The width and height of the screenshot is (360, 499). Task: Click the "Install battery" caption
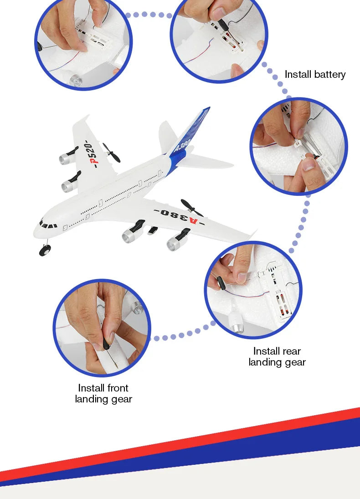click(315, 74)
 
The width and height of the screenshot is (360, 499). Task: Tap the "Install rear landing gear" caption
click(277, 356)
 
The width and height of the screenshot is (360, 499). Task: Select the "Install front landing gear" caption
click(103, 393)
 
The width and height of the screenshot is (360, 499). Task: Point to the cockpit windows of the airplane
click(47, 224)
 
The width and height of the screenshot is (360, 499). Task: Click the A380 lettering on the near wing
click(178, 216)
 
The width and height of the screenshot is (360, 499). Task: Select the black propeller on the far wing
click(111, 153)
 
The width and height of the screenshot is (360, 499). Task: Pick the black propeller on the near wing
click(191, 208)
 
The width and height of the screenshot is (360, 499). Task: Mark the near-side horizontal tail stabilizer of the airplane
click(205, 162)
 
